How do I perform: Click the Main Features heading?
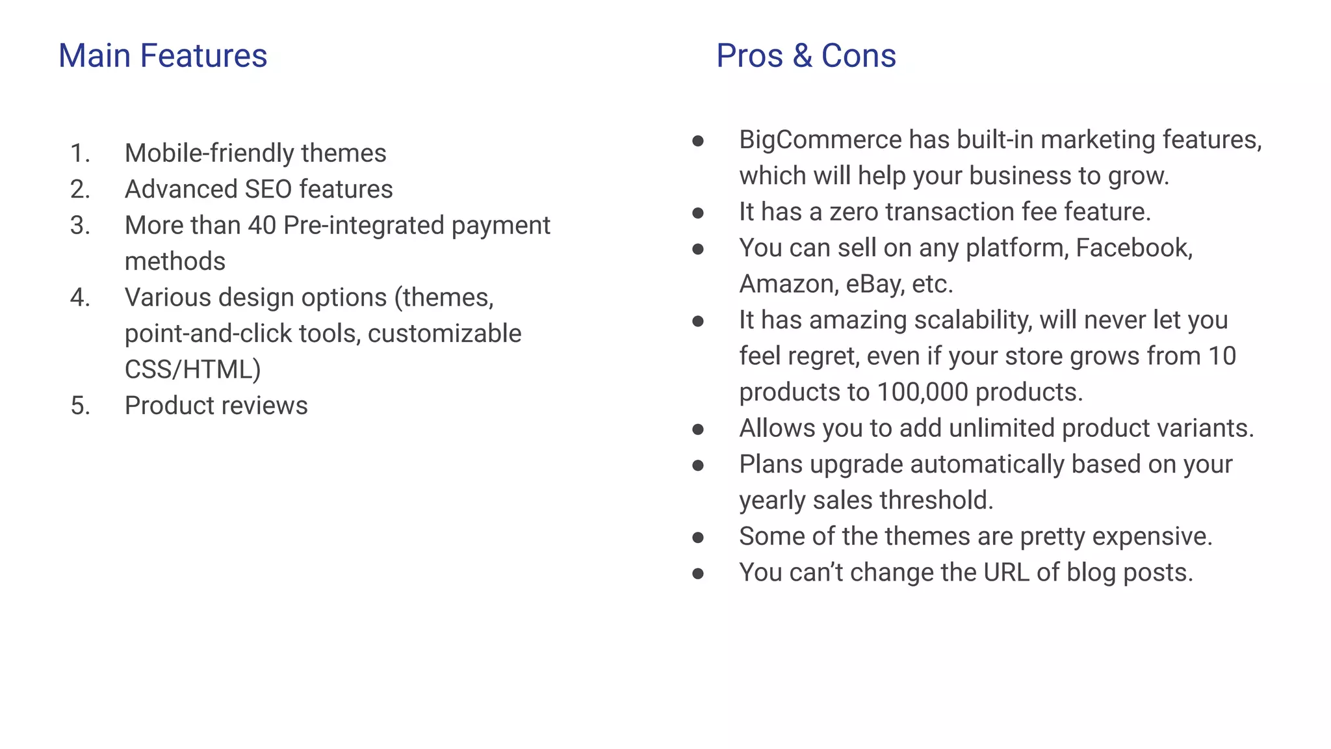162,56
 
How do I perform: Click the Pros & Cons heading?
806,56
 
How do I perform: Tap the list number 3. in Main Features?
80,226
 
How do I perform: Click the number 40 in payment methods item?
262,226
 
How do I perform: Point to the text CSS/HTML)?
192,370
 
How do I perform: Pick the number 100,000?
922,392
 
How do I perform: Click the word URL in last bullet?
1006,573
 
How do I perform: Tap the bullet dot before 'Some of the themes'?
698,538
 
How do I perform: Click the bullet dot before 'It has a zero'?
698,213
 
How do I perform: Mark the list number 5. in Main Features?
80,406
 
